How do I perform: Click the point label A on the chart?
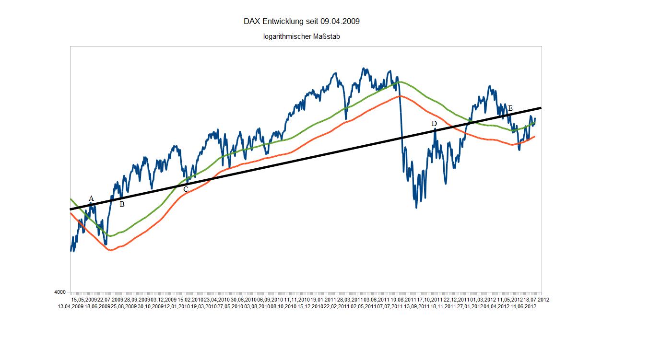pos(91,198)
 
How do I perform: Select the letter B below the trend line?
pos(122,204)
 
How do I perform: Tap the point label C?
pos(186,189)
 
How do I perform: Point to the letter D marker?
pos(434,124)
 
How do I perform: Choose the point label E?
pos(510,109)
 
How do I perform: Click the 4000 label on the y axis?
pos(60,292)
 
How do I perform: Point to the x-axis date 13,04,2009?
pos(71,306)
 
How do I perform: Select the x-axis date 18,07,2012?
pos(536,300)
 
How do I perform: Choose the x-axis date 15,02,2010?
pos(191,300)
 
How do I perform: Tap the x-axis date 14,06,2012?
pos(523,306)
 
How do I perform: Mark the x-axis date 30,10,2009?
pos(151,306)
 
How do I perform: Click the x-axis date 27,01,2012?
pos(470,306)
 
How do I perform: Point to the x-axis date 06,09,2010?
pos(270,300)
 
